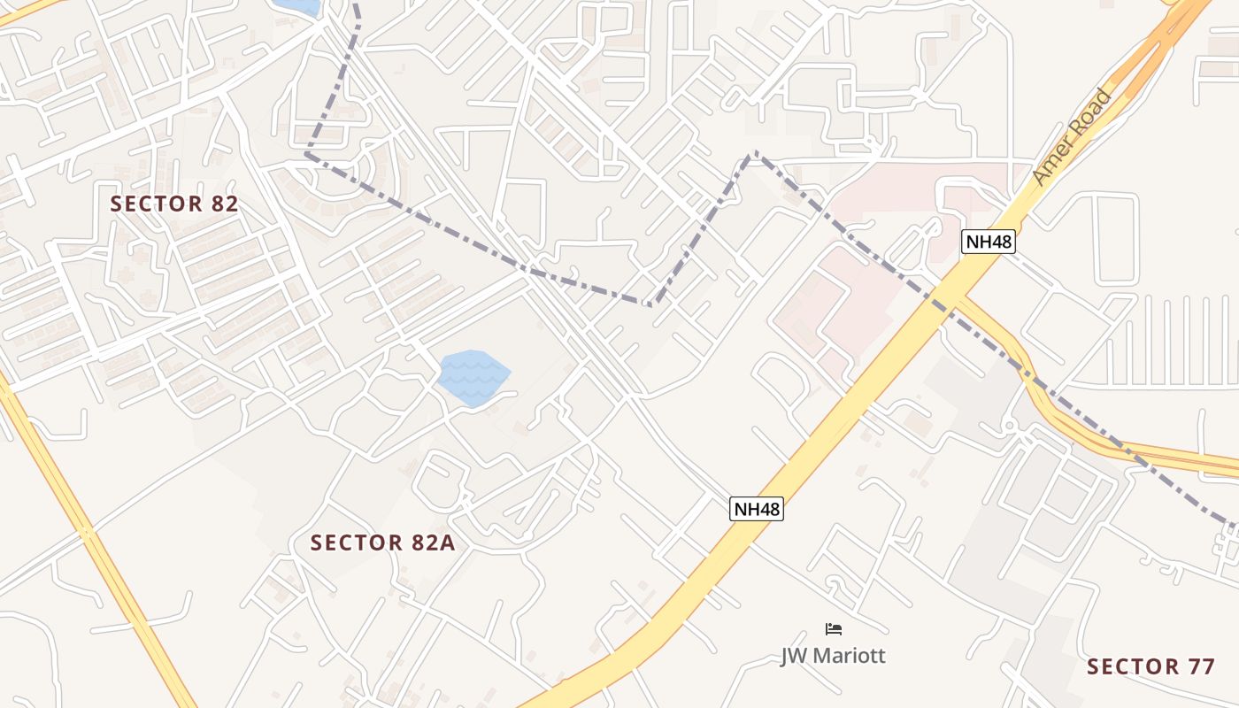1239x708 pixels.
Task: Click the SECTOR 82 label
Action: [x=174, y=204]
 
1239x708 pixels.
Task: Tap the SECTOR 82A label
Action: [x=382, y=543]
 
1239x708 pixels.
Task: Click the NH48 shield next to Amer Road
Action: [x=988, y=241]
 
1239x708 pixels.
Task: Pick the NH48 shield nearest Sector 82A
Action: [x=757, y=509]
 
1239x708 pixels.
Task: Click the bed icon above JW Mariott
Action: [x=833, y=629]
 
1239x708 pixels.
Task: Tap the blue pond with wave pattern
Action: [x=474, y=378]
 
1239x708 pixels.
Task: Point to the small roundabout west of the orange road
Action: [x=1009, y=427]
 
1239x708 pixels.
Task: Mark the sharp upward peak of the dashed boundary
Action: [x=753, y=154]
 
